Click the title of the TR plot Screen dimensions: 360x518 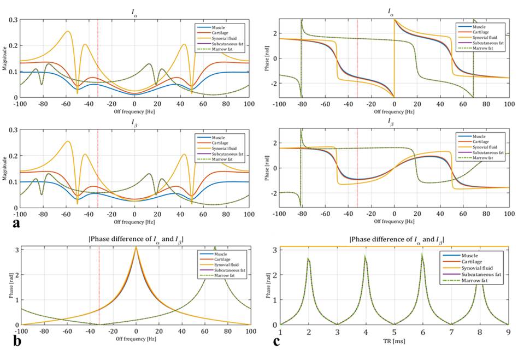(x=396, y=239)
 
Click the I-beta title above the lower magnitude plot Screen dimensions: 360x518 (x=134, y=121)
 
